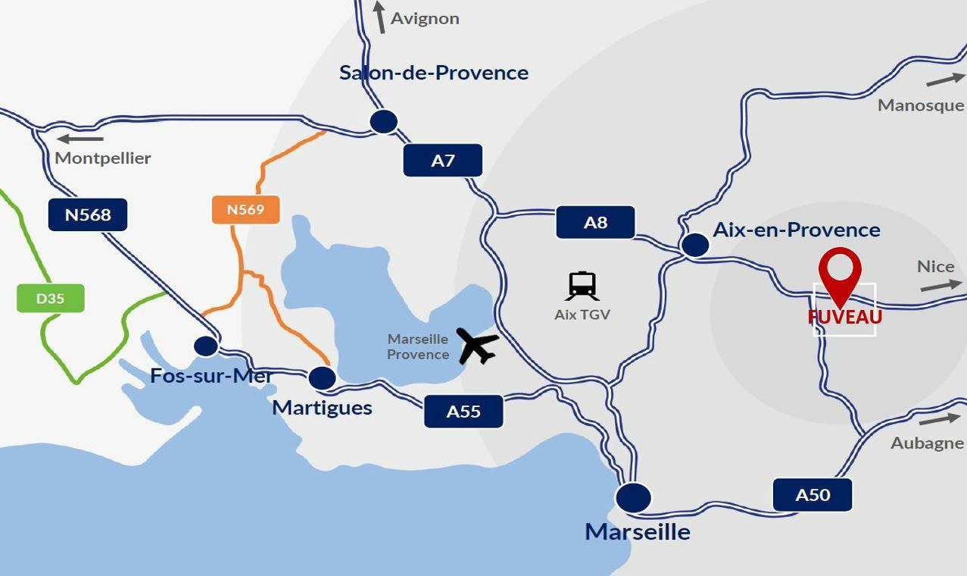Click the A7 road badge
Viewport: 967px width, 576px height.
click(443, 161)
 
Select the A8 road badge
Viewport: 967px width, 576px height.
click(595, 222)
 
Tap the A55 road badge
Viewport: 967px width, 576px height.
click(463, 412)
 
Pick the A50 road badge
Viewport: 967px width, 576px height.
click(813, 495)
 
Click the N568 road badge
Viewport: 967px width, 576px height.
click(88, 214)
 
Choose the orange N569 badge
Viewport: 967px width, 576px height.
click(245, 209)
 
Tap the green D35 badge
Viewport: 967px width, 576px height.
click(50, 298)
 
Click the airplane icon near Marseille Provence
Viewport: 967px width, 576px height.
click(478, 346)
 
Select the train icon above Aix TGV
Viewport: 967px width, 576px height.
click(582, 286)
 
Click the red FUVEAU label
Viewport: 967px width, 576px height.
click(844, 317)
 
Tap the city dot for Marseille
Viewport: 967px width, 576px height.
click(633, 497)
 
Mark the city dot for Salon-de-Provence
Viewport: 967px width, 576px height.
click(384, 121)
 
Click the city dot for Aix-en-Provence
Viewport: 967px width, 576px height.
click(695, 245)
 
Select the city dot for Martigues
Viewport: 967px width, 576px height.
click(322, 377)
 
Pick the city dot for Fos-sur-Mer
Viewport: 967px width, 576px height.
click(205, 346)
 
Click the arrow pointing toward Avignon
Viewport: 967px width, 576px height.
click(379, 17)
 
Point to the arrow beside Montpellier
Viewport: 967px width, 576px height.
click(80, 139)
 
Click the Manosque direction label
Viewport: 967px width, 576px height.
click(920, 105)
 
